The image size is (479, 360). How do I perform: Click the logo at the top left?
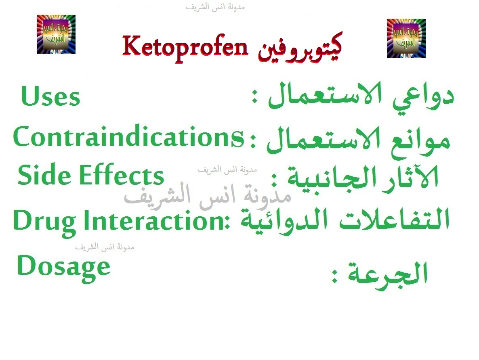[x=56, y=34]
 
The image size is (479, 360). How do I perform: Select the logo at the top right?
[x=406, y=38]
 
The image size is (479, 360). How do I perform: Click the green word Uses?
[x=50, y=97]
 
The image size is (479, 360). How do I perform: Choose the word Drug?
[x=44, y=221]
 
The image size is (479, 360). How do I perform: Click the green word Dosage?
[x=63, y=266]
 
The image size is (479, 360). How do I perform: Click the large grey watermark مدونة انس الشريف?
[x=207, y=197]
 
